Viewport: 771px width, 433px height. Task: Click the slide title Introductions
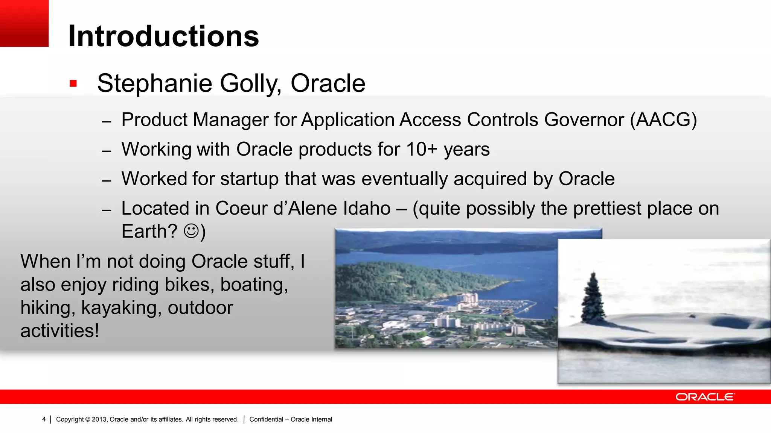pyautogui.click(x=163, y=36)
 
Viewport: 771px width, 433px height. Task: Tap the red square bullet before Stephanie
pyautogui.click(x=73, y=83)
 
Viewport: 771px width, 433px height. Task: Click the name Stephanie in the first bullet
pyautogui.click(x=155, y=83)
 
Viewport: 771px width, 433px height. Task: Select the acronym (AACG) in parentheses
pyautogui.click(x=663, y=120)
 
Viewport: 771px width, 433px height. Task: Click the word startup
pyautogui.click(x=249, y=179)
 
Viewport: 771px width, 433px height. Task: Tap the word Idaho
pyautogui.click(x=367, y=209)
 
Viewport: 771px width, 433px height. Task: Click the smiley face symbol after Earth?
pyautogui.click(x=191, y=231)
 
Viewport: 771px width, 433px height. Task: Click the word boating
pyautogui.click(x=254, y=285)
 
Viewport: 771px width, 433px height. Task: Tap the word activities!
pyautogui.click(x=59, y=331)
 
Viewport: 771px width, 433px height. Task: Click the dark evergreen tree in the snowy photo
pyautogui.click(x=593, y=299)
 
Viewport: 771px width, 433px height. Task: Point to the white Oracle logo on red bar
pyautogui.click(x=704, y=397)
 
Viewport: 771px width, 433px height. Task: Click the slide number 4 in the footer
pyautogui.click(x=44, y=419)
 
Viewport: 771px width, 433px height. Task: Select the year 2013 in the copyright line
pyautogui.click(x=99, y=419)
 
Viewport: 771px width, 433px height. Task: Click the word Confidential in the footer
pyautogui.click(x=266, y=419)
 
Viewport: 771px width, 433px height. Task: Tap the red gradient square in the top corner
pyautogui.click(x=24, y=23)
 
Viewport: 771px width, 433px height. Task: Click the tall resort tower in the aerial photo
pyautogui.click(x=467, y=301)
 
